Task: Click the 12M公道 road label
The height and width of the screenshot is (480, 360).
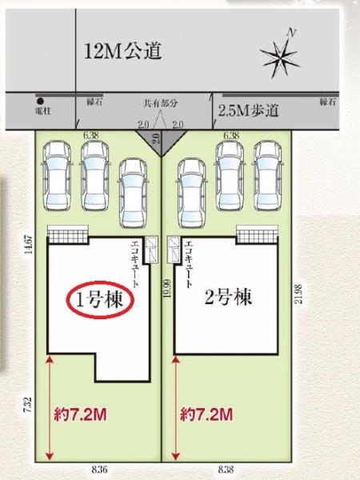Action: click(x=123, y=54)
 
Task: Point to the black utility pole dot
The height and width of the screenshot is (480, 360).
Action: click(x=40, y=102)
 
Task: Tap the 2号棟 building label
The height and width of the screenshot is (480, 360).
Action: click(x=227, y=298)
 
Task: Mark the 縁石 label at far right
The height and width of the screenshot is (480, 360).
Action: click(x=327, y=102)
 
